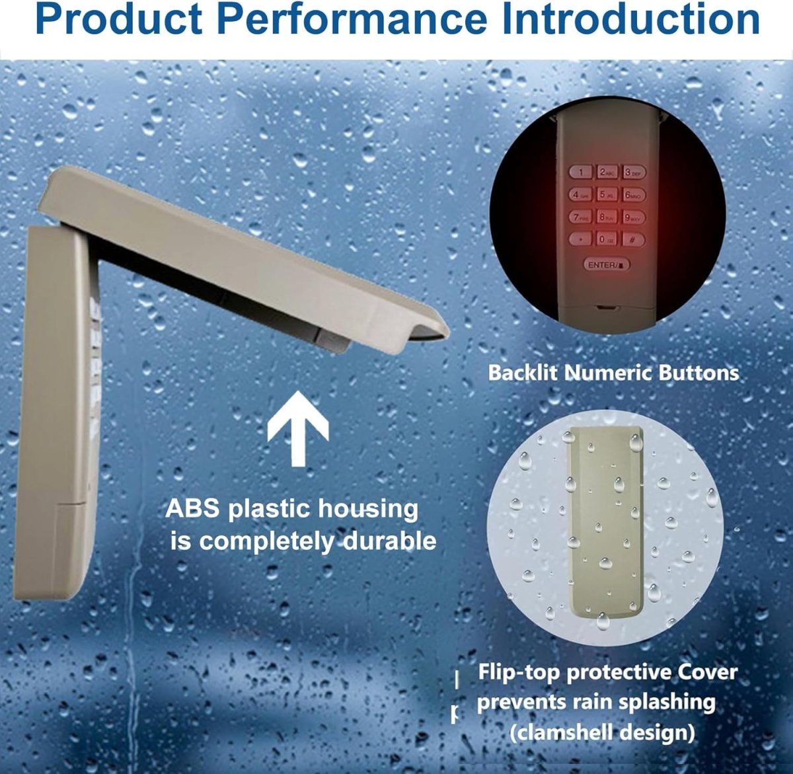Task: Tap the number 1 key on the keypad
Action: point(581,173)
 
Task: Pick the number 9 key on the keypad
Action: point(633,217)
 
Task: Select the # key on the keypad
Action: point(633,239)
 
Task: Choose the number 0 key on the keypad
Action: point(607,239)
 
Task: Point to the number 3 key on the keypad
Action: point(633,173)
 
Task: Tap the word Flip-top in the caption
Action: point(519,672)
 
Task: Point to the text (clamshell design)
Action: point(602,732)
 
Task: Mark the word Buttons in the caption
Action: point(699,373)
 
